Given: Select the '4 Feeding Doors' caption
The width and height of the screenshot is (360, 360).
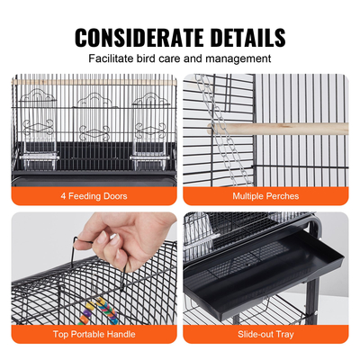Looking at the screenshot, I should tap(94, 194).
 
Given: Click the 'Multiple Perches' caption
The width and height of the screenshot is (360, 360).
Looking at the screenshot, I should tap(265, 194).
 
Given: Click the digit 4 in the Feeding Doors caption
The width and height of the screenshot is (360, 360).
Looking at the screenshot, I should tap(64, 194).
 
